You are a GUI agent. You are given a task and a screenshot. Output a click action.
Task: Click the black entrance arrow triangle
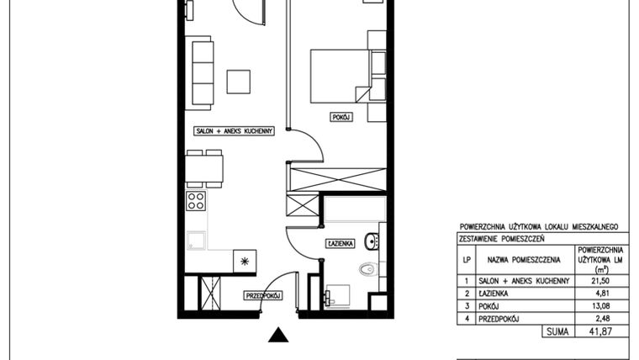(279, 336)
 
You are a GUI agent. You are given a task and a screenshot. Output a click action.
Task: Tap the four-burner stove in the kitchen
(196, 200)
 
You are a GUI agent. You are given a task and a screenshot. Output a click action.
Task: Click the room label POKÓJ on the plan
(341, 118)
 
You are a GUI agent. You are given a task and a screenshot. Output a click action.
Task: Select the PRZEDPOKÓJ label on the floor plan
(263, 295)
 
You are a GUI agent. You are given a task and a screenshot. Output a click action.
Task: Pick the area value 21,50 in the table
(599, 281)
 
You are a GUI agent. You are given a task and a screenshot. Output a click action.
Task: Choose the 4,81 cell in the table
(599, 294)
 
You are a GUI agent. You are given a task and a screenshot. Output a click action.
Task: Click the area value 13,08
(599, 306)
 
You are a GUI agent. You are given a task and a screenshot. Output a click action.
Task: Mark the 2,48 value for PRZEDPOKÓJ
(599, 319)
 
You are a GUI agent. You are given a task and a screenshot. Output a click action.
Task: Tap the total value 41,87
(599, 333)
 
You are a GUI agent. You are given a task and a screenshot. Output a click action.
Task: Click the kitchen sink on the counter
(198, 241)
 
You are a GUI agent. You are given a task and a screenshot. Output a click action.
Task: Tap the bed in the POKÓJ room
(340, 76)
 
